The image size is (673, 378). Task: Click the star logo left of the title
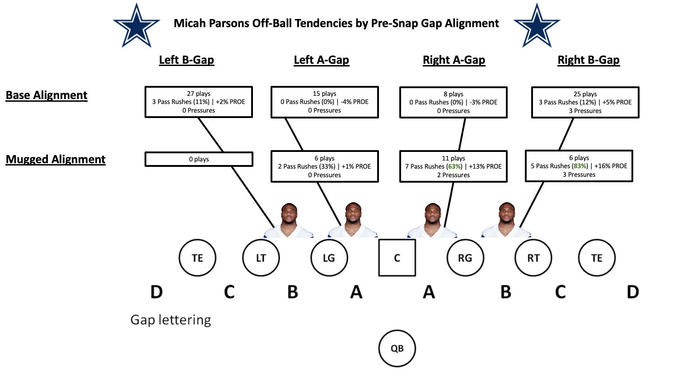tap(136, 25)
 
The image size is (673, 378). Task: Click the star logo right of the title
tap(537, 25)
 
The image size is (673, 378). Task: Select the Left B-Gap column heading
tap(187, 60)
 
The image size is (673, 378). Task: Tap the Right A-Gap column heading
tap(454, 60)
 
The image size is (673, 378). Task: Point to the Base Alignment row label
tap(47, 95)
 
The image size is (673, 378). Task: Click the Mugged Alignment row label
tap(56, 160)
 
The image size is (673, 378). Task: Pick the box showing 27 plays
tap(199, 102)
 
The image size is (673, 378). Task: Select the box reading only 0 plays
tap(199, 159)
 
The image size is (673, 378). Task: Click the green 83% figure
tap(580, 166)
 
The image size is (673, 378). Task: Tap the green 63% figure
tap(455, 166)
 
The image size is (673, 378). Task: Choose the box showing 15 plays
tap(324, 102)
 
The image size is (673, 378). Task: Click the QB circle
tap(397, 349)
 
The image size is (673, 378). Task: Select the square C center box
tap(397, 258)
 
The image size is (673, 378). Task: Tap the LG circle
tap(329, 258)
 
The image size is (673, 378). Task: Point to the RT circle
tap(533, 258)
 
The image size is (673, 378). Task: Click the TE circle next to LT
tap(197, 258)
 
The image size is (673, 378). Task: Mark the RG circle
tap(465, 258)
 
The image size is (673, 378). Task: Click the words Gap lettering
tap(171, 320)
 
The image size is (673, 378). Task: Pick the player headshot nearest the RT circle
tap(506, 220)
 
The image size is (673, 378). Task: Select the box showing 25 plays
tap(585, 102)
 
